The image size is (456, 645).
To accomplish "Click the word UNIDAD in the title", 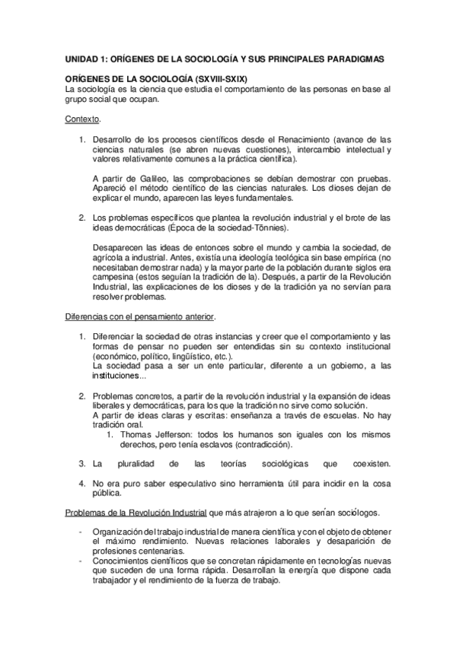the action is pyautogui.click(x=81, y=59).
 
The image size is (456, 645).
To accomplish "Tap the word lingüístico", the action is pyautogui.click(x=194, y=357).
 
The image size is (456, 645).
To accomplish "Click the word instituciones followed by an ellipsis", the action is pyautogui.click(x=114, y=377).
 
